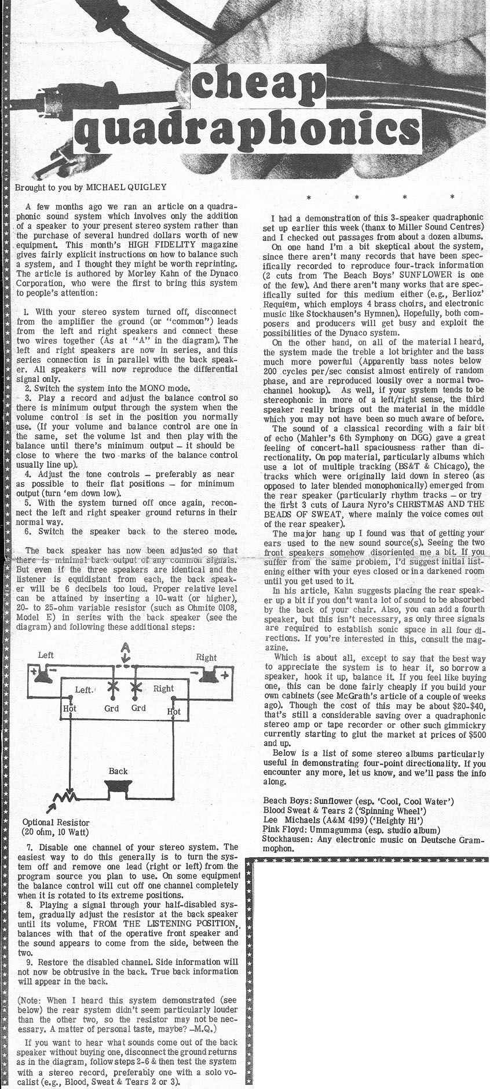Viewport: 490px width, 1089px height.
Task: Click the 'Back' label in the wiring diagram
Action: tap(118, 771)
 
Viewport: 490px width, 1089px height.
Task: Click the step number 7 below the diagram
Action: tap(30, 847)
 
